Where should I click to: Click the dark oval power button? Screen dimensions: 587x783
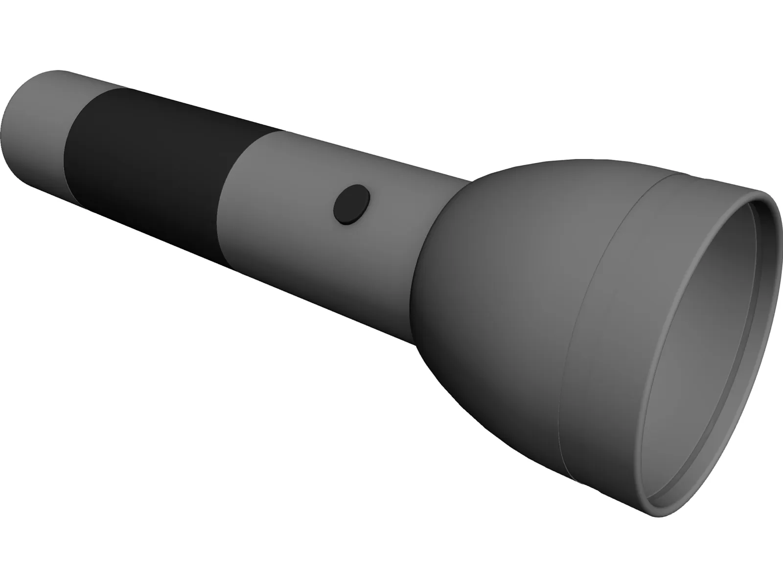pyautogui.click(x=351, y=204)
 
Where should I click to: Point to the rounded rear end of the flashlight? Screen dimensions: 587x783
pyautogui.click(x=10, y=117)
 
